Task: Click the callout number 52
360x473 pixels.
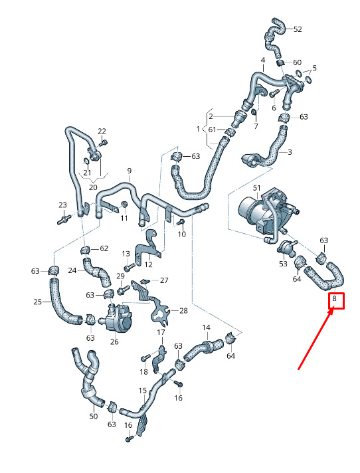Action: click(x=298, y=29)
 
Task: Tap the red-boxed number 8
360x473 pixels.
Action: click(x=334, y=299)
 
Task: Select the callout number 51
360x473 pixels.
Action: click(x=256, y=188)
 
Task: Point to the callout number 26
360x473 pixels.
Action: click(x=114, y=341)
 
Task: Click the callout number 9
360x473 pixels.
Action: click(x=130, y=171)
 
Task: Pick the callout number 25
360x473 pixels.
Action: click(x=37, y=302)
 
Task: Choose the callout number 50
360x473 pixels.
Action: click(x=94, y=417)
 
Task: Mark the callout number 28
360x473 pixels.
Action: click(x=183, y=310)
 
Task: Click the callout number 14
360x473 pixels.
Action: click(x=206, y=328)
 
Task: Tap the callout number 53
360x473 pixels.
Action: click(x=283, y=264)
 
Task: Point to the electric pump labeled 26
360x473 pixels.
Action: click(x=118, y=317)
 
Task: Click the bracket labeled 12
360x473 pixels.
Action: click(x=147, y=246)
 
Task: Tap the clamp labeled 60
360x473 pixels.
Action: click(x=280, y=62)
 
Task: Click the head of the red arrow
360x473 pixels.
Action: click(x=333, y=311)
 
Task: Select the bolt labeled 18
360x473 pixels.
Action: click(x=145, y=358)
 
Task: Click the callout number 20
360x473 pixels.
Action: click(x=93, y=187)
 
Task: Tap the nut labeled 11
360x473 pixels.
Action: click(x=124, y=205)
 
